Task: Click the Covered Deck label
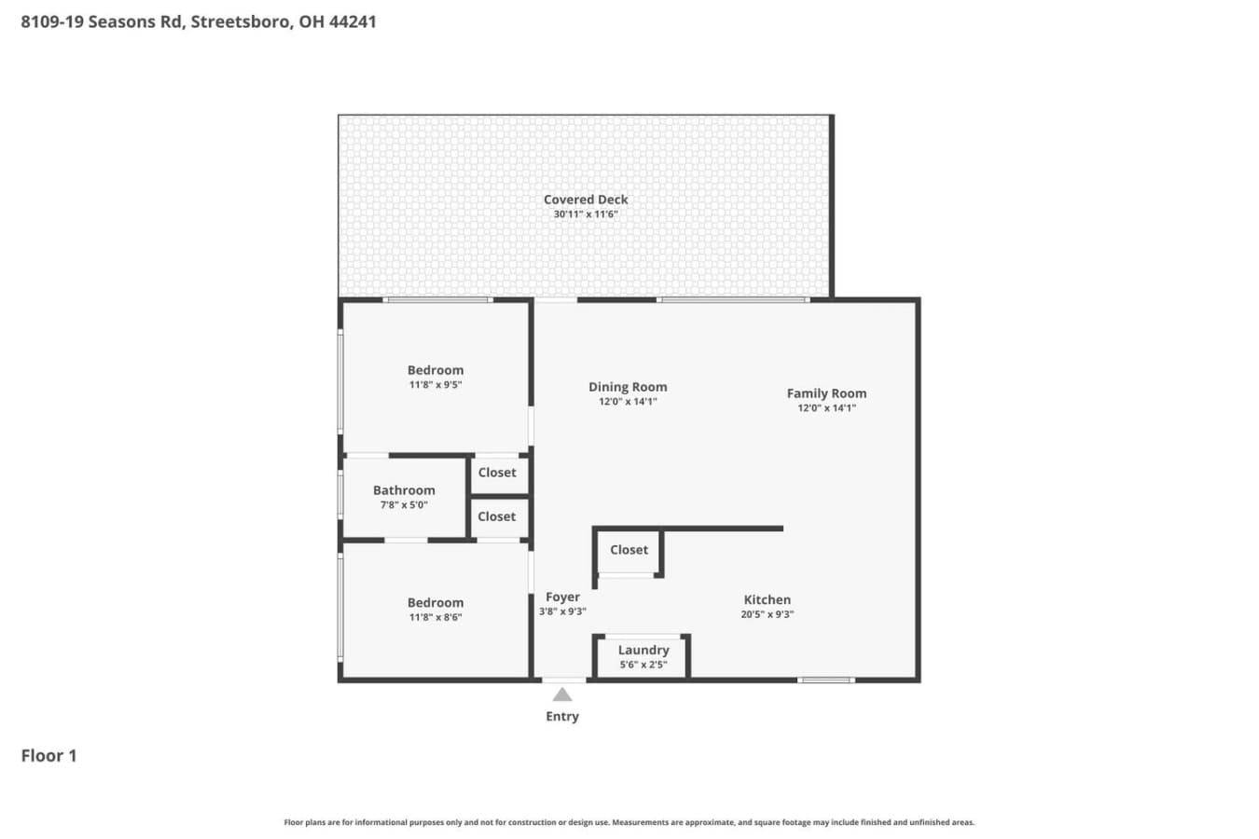586,199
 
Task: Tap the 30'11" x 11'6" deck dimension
586,214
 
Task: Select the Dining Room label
628,387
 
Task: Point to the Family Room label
826,393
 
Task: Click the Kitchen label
768,599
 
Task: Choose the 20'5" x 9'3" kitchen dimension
768,614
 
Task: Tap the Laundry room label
643,650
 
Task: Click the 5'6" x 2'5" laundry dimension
643,665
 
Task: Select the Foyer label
562,597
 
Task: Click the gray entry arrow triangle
562,695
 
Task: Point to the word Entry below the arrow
562,717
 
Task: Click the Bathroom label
404,490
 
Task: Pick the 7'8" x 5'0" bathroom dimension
404,504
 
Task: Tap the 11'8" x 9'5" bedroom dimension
436,385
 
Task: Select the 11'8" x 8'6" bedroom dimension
436,617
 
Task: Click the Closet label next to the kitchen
629,550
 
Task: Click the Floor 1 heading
48,756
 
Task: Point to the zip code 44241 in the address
353,21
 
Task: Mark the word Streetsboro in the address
242,22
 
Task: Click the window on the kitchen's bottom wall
826,680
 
